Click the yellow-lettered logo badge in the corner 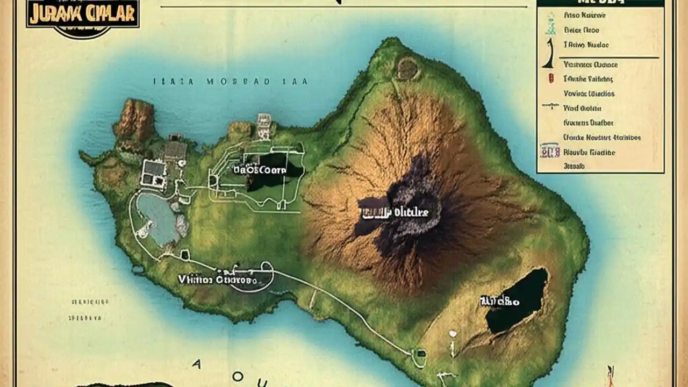click(82, 15)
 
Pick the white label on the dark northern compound click(260, 170)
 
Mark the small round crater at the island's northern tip click(407, 68)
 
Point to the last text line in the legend click(574, 167)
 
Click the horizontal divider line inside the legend click(608, 58)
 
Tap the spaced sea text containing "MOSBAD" click(230, 82)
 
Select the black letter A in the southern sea click(196, 364)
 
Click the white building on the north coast click(264, 125)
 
